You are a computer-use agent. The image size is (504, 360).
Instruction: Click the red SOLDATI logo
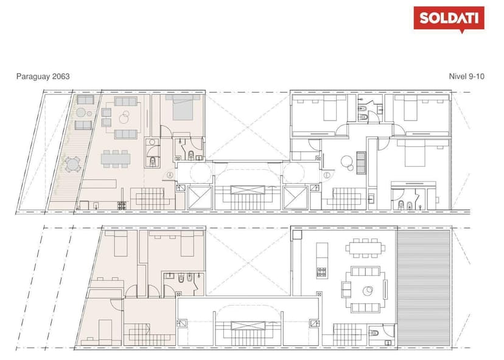point(449,19)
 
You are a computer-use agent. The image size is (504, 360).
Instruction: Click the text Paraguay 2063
point(43,77)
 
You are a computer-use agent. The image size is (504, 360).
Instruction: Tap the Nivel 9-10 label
point(466,77)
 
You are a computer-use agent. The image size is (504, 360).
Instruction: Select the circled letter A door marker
point(170,175)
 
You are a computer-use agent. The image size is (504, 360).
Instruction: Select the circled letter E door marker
point(327,175)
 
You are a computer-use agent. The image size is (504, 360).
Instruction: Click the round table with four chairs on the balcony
point(72,164)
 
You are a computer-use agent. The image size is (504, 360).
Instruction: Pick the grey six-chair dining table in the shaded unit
point(116,158)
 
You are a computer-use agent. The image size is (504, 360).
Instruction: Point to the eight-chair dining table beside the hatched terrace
point(365,248)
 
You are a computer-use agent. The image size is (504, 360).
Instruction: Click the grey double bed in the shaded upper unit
point(183,107)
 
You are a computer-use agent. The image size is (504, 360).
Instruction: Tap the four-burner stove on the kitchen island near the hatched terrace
point(321,272)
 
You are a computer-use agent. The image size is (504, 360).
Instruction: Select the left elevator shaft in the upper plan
point(200,198)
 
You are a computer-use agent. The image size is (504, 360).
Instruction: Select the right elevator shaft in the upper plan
point(295,198)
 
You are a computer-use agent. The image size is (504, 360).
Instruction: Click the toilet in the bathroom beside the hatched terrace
point(374,333)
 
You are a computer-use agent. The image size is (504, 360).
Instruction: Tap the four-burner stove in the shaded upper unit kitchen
point(122,205)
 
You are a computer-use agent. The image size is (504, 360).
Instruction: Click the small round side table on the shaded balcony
point(89,113)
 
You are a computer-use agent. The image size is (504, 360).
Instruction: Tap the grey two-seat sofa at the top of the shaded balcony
point(85,100)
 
